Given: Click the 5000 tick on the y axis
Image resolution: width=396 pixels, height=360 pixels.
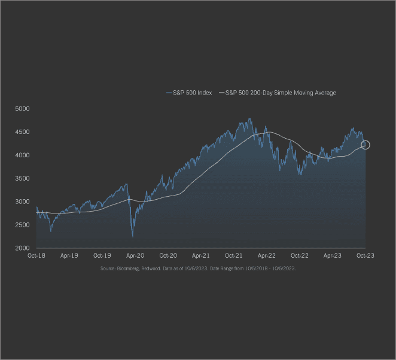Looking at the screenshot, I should (x=22, y=109).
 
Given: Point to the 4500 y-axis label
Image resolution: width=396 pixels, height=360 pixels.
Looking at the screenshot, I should (x=22, y=132).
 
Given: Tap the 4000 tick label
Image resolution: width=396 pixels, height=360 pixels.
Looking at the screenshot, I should (x=22, y=155).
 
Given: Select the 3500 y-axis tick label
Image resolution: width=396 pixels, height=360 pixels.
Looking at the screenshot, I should (x=22, y=178).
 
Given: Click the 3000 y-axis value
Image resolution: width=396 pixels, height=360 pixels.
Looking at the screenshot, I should (x=22, y=202).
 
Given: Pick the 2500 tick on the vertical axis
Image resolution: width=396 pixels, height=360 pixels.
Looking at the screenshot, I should (x=22, y=225).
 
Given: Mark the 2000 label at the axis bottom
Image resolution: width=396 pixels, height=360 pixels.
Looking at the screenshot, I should (x=22, y=248).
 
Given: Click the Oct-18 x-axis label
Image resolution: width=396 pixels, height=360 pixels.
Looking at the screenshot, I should (x=36, y=255).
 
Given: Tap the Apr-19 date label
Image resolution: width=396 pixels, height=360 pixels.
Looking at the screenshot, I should (x=69, y=255).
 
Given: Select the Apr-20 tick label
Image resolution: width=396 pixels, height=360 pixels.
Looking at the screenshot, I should (x=135, y=255).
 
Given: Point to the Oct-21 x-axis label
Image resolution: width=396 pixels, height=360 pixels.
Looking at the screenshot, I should (x=234, y=255).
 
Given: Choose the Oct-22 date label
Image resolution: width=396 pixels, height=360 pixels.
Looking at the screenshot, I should (x=300, y=255).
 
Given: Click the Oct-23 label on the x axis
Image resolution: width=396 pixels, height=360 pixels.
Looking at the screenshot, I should (x=365, y=255).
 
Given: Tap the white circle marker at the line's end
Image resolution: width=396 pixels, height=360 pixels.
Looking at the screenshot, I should (x=365, y=145).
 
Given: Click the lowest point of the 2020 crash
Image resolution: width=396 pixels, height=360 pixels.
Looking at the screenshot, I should (x=132, y=237).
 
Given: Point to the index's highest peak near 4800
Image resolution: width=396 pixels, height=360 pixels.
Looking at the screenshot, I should (x=249, y=118).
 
